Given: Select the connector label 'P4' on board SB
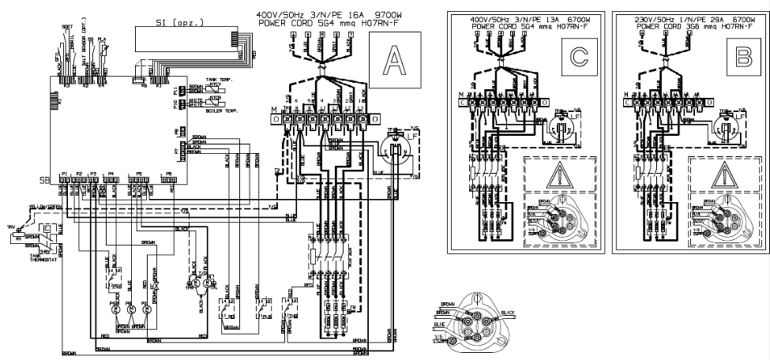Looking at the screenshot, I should (x=111, y=172).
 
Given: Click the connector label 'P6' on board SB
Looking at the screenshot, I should (x=167, y=172).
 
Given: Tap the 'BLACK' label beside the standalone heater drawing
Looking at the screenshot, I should (x=507, y=313).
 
